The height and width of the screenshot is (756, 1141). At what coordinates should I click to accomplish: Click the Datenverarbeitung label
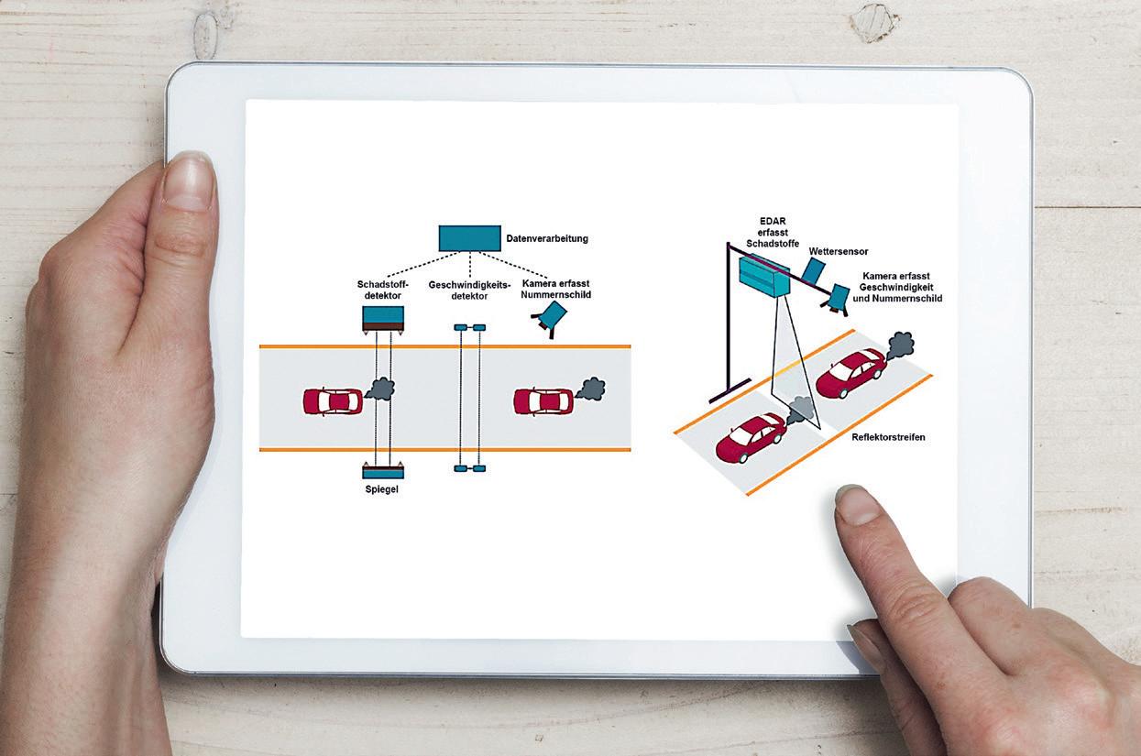[x=547, y=239]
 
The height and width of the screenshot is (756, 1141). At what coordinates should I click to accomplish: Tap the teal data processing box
[x=469, y=238]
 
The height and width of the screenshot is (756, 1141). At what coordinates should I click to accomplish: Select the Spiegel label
[x=382, y=489]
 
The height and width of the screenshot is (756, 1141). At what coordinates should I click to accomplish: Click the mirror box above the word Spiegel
[x=383, y=472]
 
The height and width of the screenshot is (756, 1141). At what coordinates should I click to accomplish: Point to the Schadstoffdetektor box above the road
[x=383, y=317]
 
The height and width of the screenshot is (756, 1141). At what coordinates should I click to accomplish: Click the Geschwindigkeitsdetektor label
[x=468, y=290]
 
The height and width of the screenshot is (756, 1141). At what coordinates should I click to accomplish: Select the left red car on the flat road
[x=333, y=401]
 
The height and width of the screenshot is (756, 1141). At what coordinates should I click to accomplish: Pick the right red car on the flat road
[x=543, y=401]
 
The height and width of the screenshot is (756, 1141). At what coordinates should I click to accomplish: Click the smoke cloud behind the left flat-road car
[x=379, y=389]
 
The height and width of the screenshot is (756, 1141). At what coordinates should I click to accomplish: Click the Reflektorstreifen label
[x=888, y=438]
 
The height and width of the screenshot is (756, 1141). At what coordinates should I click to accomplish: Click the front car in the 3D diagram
[x=751, y=436]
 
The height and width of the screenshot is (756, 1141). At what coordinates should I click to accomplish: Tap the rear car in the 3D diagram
[x=850, y=371]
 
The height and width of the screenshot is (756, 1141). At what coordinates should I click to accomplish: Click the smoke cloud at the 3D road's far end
[x=900, y=345]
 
